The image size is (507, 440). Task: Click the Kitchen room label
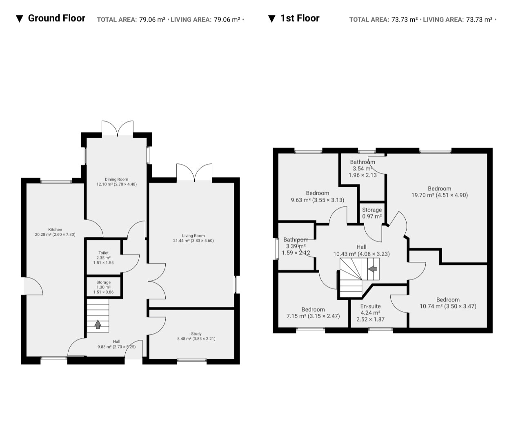click(55, 232)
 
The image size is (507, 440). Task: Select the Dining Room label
click(116, 182)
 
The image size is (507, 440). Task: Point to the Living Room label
click(193, 238)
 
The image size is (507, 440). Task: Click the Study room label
click(196, 336)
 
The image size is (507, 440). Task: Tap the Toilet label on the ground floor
click(104, 257)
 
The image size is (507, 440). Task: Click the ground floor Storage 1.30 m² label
click(104, 287)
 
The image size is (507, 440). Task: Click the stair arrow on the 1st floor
click(373, 269)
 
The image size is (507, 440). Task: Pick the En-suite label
click(370, 313)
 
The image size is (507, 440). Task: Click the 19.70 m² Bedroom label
click(440, 192)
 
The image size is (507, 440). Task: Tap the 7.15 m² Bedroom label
click(313, 313)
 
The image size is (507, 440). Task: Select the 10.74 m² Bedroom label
click(448, 303)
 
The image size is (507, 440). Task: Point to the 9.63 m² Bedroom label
click(318, 197)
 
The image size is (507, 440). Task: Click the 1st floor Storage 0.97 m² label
click(372, 213)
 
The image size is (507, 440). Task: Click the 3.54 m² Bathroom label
click(362, 168)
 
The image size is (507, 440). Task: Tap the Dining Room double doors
click(118, 128)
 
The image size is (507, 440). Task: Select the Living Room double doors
click(194, 172)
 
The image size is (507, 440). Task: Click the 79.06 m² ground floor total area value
click(152, 20)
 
